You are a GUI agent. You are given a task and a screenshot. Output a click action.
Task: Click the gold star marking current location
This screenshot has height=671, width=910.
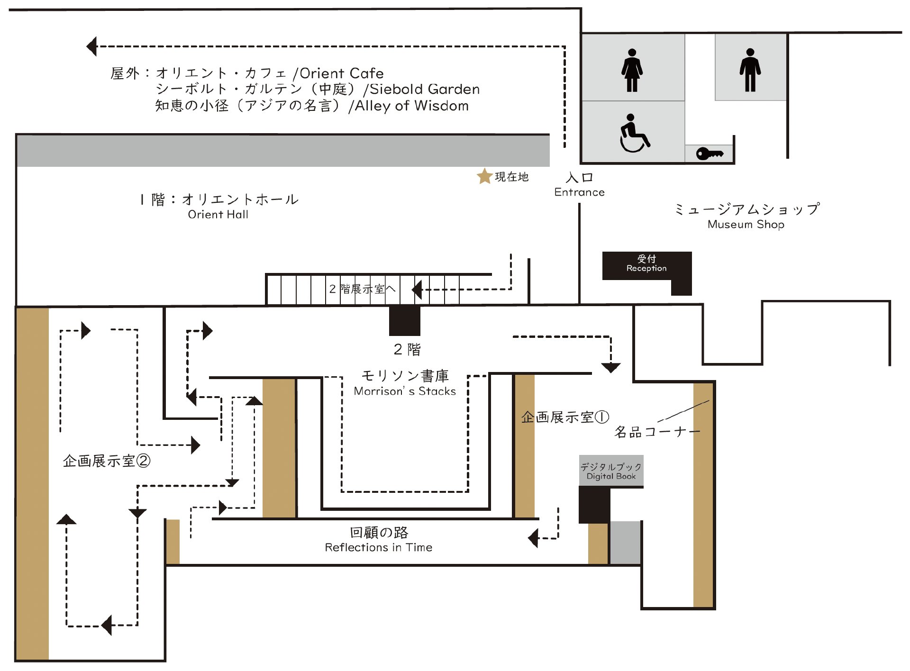(x=484, y=176)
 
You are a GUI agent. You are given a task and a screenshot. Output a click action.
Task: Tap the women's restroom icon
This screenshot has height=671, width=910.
(x=632, y=70)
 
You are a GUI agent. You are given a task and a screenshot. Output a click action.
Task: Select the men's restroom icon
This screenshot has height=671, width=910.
(x=750, y=70)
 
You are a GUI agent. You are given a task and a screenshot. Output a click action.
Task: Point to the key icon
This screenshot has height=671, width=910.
(x=709, y=154)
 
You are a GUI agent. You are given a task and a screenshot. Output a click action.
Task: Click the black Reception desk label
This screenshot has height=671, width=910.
(x=646, y=264)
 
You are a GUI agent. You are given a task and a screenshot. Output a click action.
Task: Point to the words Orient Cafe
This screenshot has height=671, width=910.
(x=341, y=73)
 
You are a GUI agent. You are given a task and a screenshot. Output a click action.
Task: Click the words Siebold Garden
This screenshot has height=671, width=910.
(x=424, y=89)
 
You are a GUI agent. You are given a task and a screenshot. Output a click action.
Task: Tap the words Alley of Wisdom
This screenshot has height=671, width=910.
(x=411, y=106)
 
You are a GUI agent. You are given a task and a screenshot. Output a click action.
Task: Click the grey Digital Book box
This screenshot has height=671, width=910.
(x=611, y=471)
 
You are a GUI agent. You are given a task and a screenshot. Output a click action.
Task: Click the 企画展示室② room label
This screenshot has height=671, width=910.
(x=107, y=461)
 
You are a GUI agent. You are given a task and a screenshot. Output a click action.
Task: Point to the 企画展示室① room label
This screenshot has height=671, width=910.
(x=564, y=417)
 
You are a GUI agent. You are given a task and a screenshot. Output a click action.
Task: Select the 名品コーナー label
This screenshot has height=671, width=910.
(x=656, y=432)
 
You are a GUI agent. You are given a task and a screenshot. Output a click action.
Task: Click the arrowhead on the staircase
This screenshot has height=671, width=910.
(x=417, y=289)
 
